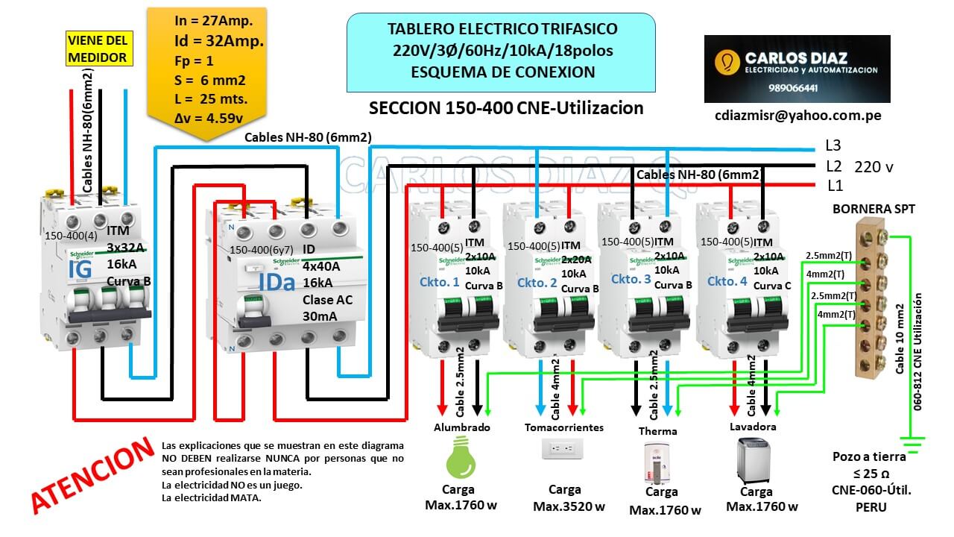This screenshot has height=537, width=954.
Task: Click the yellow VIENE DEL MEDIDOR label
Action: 98,48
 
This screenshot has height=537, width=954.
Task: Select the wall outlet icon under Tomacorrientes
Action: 563,449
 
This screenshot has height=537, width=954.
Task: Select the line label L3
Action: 833,145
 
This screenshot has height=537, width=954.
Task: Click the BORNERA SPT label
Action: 874,210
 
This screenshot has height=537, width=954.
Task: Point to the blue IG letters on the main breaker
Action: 80,269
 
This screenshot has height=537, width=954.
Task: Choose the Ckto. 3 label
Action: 630,279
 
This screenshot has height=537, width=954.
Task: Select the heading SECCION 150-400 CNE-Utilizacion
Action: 506,108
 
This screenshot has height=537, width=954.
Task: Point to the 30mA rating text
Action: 320,316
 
